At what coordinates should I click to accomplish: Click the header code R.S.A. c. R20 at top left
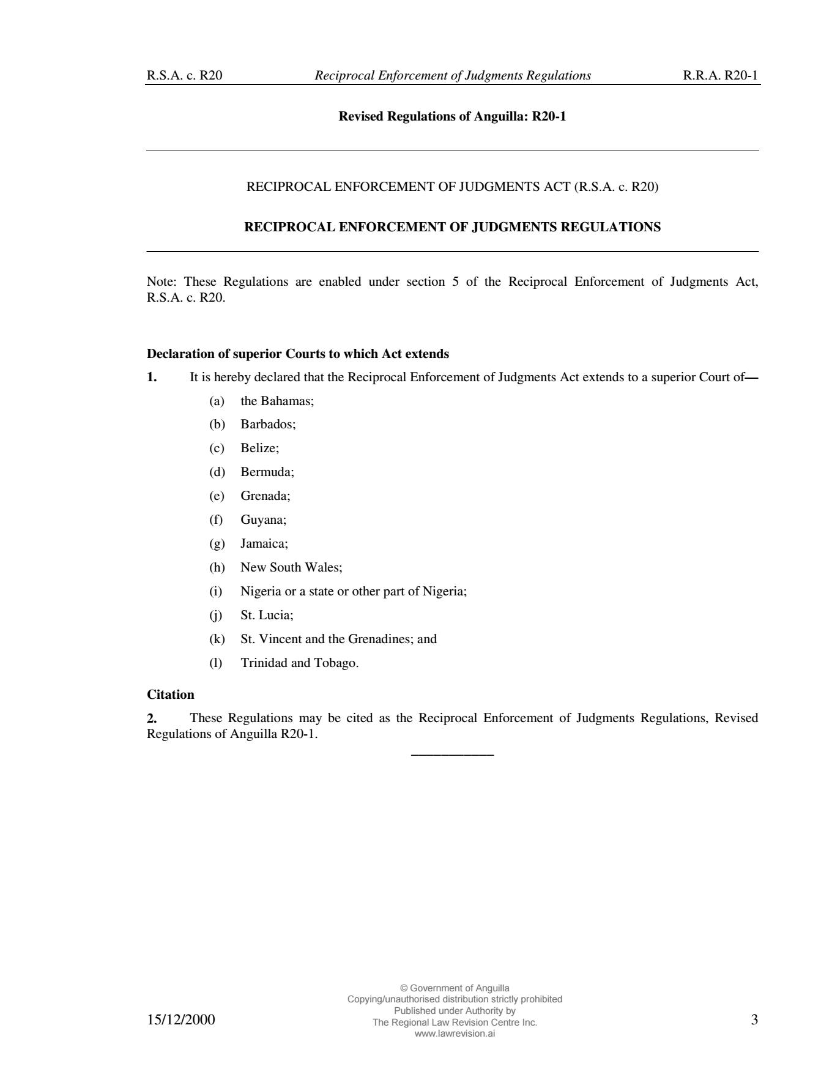tap(184, 76)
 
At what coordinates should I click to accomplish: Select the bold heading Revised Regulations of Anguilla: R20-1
tap(452, 116)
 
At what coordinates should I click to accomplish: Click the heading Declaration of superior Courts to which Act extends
tap(298, 354)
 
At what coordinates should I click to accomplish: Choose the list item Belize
tap(259, 448)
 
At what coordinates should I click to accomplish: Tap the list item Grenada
tap(266, 496)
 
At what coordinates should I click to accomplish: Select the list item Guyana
tap(263, 520)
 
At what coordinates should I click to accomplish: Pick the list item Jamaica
tap(264, 543)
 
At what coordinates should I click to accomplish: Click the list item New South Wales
tap(291, 567)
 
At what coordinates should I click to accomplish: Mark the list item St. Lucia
tap(267, 615)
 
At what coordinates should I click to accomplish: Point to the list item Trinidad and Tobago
tap(299, 663)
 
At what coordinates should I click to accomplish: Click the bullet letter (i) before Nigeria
tap(216, 591)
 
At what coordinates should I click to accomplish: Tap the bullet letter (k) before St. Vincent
tap(217, 639)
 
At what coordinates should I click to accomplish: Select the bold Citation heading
tap(171, 695)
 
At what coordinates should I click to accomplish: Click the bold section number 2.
tap(152, 718)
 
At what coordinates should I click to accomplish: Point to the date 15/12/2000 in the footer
tap(181, 1020)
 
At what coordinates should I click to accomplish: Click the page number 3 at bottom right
tap(754, 1019)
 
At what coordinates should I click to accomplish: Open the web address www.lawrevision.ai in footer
tap(455, 1034)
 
